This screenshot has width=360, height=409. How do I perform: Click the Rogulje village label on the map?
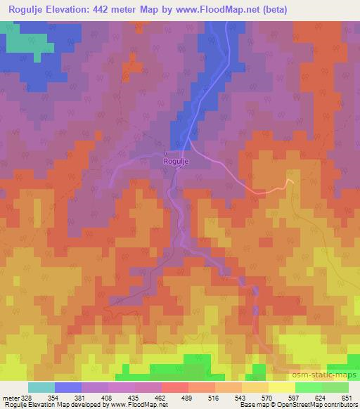176,162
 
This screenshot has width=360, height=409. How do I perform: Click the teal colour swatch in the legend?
41,387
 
